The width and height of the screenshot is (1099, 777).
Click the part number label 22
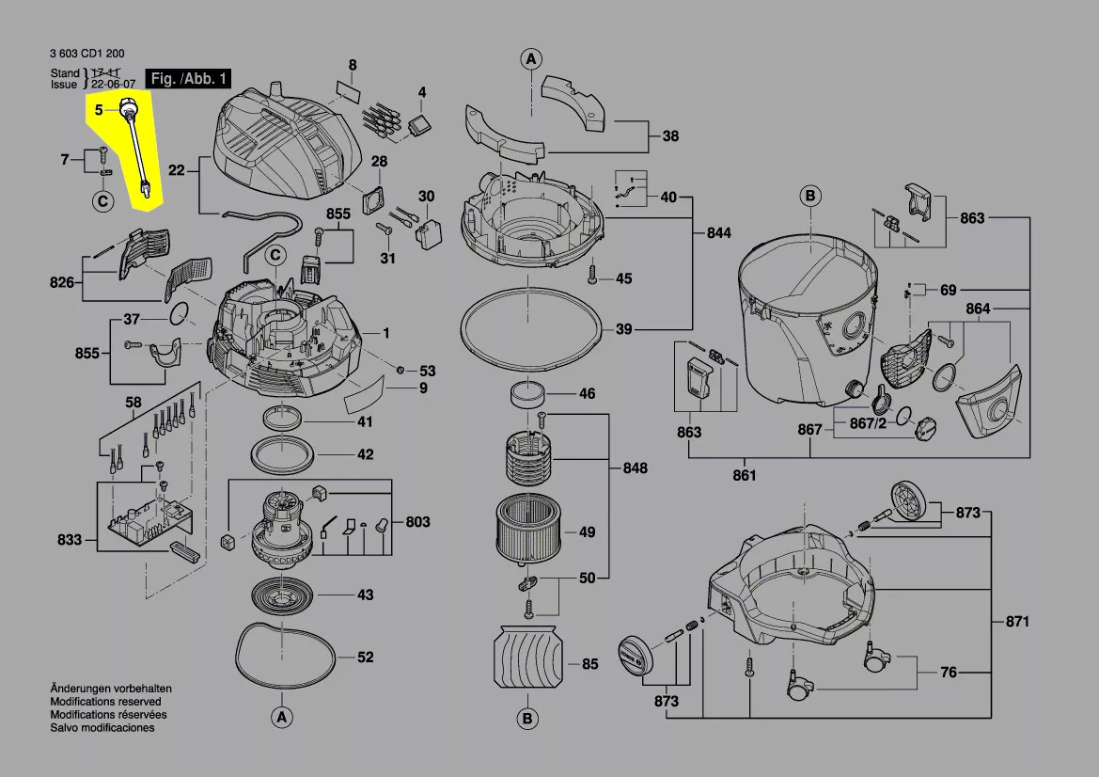176,170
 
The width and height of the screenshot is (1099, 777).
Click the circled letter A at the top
531,58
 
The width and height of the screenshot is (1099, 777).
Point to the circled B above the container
810,197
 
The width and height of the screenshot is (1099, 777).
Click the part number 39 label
623,329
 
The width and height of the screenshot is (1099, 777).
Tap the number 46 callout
587,393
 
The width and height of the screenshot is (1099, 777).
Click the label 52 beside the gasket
366,657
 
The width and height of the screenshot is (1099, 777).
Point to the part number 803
417,522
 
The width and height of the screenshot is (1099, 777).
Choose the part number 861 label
744,475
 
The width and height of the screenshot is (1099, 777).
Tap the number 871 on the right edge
1017,622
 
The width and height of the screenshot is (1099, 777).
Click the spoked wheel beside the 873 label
907,499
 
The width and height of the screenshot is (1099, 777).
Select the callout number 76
949,673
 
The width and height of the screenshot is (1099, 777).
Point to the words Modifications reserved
105,702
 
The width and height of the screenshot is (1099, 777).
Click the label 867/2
868,423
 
